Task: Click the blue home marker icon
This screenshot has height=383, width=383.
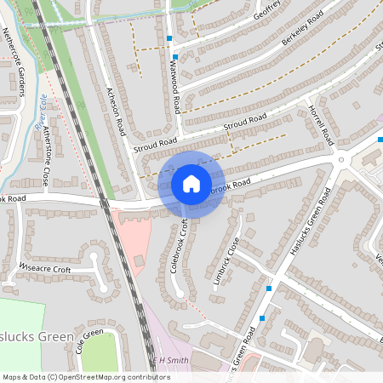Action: pos(191,184)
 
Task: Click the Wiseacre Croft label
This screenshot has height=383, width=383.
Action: pos(43,266)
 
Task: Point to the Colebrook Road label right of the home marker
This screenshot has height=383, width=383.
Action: pos(230,186)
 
